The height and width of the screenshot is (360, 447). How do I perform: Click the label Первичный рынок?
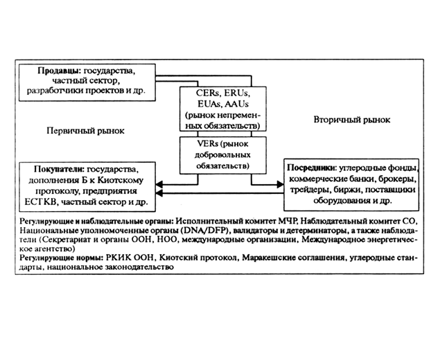(80, 130)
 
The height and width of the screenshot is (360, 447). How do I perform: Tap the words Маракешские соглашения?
(290, 258)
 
